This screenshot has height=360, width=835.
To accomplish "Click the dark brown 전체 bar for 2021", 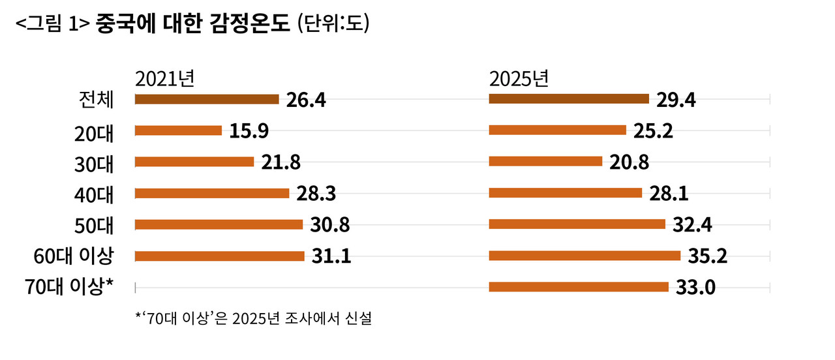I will coord(206,99).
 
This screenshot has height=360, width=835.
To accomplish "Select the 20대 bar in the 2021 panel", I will coord(178,130).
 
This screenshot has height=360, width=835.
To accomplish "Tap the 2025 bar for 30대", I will coord(545,161).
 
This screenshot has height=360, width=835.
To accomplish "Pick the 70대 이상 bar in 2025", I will coord(579,286).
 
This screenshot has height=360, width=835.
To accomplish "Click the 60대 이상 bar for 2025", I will coord(584,256).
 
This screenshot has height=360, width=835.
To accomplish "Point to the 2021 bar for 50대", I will coord(219,224).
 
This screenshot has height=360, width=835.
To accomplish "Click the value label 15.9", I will coord(249,131).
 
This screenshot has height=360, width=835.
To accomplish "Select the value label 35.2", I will coord(708,256).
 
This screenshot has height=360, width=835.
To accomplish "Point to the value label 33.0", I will coord(696,287).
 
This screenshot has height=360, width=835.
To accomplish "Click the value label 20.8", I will coord(629,162).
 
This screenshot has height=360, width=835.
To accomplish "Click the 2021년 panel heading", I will coord(164,79).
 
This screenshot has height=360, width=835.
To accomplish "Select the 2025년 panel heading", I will coord(519,79).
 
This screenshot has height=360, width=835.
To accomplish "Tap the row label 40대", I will coord(95,194).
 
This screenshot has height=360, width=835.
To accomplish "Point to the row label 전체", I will coord(95,100).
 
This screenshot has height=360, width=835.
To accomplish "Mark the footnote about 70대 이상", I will coord(254,320).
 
